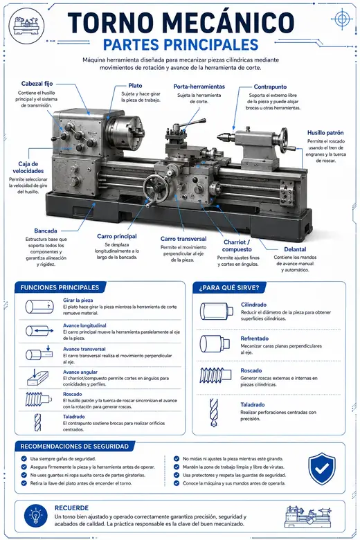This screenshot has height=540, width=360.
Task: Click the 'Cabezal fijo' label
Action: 37,84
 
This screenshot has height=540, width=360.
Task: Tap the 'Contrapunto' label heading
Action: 270,87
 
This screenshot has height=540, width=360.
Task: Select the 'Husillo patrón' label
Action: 325,133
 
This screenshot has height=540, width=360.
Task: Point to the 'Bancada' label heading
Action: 46,231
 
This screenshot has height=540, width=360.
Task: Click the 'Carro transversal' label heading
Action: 183,239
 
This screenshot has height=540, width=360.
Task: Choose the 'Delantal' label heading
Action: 295,249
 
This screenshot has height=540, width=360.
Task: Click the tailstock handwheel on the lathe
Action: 285,141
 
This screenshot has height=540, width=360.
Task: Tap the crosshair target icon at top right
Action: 341,19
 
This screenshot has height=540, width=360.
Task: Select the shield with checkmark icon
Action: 321,469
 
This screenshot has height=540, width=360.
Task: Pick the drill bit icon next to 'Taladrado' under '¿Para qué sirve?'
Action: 214,413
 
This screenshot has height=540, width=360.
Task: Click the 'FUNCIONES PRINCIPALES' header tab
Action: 60,287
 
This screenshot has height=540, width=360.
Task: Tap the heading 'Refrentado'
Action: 254,339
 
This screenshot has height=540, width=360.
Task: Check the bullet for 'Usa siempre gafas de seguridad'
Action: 24,459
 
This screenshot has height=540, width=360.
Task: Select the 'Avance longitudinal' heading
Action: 84,325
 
